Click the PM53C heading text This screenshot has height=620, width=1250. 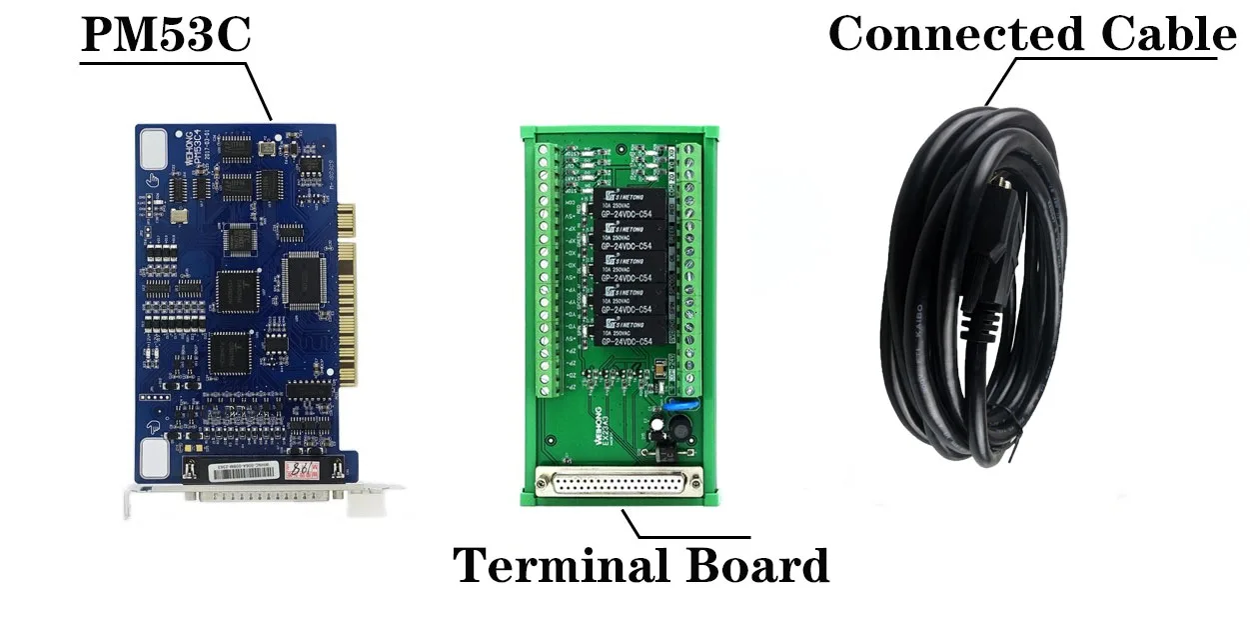pyautogui.click(x=165, y=34)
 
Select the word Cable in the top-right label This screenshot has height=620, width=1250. pyautogui.click(x=1168, y=35)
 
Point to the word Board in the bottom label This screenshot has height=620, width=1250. pyautogui.click(x=756, y=567)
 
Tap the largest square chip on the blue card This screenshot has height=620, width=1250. pyautogui.click(x=304, y=279)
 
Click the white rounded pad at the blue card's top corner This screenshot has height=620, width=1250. pyautogui.click(x=155, y=148)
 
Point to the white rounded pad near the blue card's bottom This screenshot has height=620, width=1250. pyautogui.click(x=155, y=458)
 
